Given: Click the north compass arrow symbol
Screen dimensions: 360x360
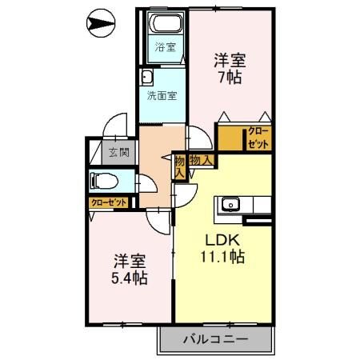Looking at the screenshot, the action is (101, 23).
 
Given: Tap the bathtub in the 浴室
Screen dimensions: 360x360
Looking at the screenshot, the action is (166, 23).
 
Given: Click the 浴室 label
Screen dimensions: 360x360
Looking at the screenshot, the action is (166, 47).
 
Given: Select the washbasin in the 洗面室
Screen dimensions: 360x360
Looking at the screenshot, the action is (146, 78).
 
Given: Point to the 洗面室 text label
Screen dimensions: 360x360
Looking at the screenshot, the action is (162, 95).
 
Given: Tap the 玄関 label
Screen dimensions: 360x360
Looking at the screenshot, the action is (119, 153).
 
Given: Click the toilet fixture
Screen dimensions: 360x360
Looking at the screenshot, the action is (104, 181).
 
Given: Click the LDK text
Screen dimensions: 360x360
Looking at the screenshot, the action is (222, 240).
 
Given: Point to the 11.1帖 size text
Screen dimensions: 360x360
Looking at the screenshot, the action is (222, 257).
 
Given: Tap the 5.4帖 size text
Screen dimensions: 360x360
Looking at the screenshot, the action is (130, 278).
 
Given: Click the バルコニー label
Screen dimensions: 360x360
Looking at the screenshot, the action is (215, 339).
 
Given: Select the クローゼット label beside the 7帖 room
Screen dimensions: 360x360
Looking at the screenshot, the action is (258, 138).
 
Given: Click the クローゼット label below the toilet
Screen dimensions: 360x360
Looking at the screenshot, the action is (109, 202).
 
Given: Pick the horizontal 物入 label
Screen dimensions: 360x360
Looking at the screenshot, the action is (201, 160).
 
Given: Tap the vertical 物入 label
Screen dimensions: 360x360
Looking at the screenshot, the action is (180, 167).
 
